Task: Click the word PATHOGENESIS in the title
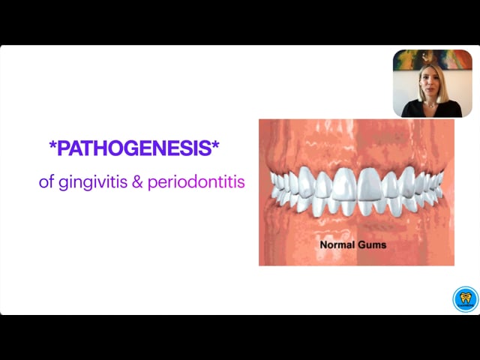(x=134, y=148)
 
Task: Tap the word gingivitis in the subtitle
(x=93, y=182)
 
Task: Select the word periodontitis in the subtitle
(x=196, y=182)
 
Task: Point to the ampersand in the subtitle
(x=137, y=181)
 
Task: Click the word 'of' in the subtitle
(x=46, y=181)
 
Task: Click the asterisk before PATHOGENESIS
(x=52, y=145)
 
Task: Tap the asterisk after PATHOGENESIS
(x=215, y=145)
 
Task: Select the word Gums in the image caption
(x=372, y=244)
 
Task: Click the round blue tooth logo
(x=465, y=299)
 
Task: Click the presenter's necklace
(x=431, y=105)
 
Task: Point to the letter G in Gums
(x=361, y=244)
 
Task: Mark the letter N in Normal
(x=323, y=244)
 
